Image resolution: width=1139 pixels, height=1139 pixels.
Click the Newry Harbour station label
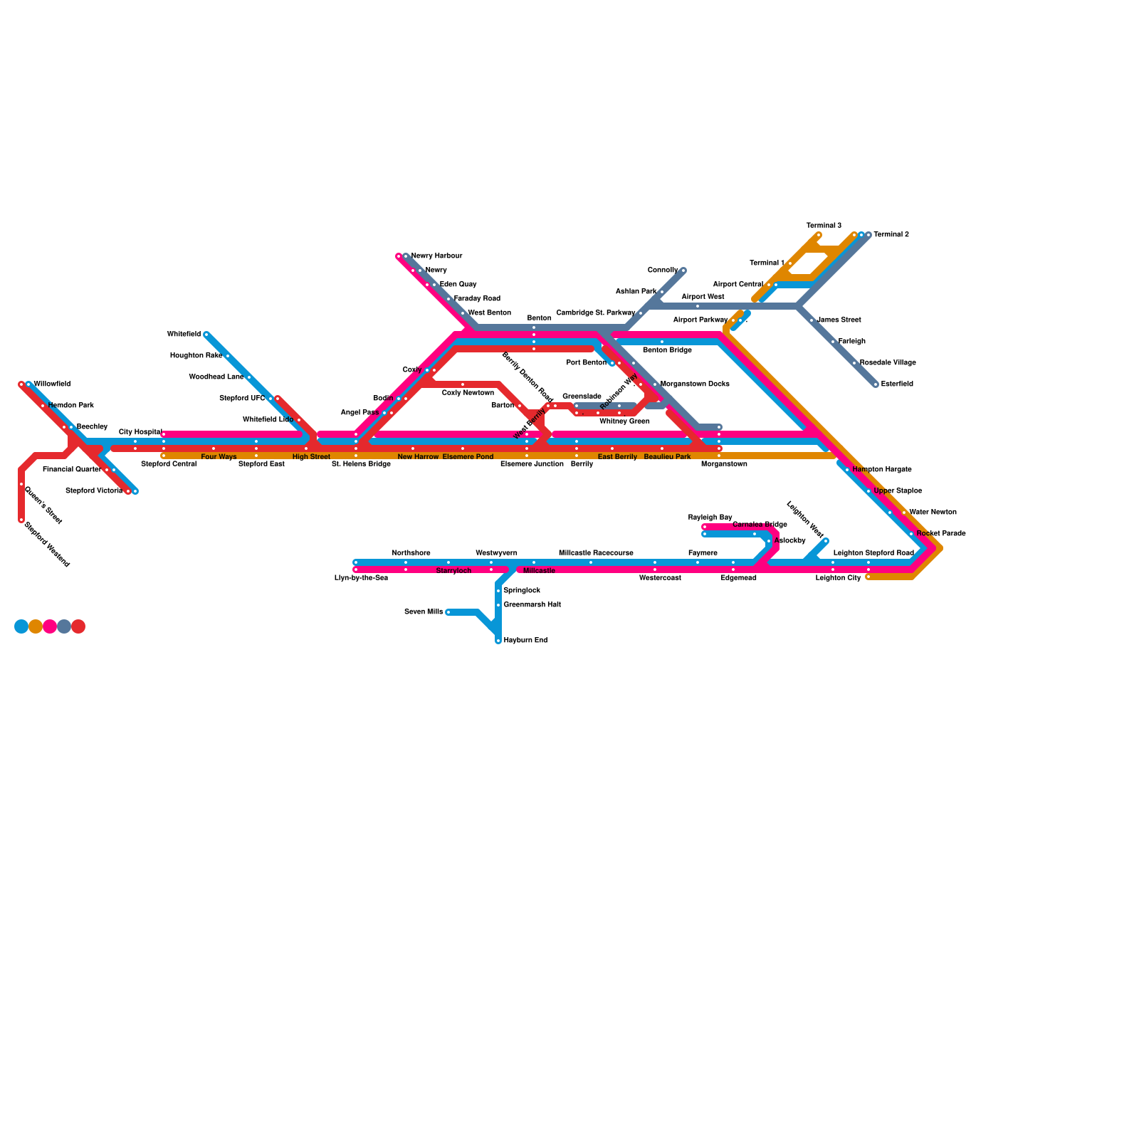click(x=436, y=256)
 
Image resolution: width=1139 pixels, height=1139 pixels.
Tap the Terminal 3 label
click(x=824, y=226)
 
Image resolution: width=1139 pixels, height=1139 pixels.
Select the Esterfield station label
click(x=896, y=384)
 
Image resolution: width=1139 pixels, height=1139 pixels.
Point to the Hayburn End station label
click(x=525, y=641)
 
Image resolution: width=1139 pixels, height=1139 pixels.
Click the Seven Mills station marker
click(x=448, y=612)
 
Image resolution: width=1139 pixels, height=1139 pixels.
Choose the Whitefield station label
click(x=184, y=334)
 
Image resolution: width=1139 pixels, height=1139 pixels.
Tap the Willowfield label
click(x=52, y=384)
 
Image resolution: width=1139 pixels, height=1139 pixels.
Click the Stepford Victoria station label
click(x=94, y=491)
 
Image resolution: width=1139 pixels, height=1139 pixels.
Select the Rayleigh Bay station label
click(x=710, y=518)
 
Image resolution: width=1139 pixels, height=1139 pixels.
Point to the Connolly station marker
click(x=683, y=271)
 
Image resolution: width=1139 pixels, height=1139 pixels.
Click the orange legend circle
click(x=36, y=626)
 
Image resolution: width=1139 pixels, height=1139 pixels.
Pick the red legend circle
click(x=78, y=626)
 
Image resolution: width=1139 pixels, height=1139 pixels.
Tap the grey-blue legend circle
click(x=64, y=626)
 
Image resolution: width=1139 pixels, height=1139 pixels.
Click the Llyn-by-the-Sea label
click(x=361, y=578)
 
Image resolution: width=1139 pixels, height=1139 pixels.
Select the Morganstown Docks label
click(x=695, y=384)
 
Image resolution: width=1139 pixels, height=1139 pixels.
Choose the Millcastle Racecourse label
click(x=596, y=553)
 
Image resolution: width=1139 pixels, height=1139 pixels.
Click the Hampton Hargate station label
click(x=881, y=470)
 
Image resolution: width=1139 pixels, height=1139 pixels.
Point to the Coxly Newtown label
click(x=468, y=393)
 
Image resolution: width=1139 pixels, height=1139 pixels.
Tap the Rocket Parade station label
click(x=941, y=533)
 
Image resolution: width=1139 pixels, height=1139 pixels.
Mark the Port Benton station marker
click(x=612, y=363)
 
